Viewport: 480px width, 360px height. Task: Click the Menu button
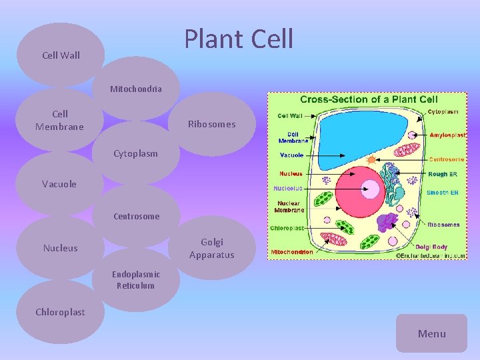coord(431,333)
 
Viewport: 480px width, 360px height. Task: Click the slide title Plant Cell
coord(239,39)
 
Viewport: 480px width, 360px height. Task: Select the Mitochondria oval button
coord(136,89)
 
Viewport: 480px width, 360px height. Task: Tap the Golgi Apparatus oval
coord(211,248)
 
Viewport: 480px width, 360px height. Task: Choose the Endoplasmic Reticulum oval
coord(136,280)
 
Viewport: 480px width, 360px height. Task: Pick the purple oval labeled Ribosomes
coord(211,124)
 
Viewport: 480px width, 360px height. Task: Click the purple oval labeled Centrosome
coord(136,216)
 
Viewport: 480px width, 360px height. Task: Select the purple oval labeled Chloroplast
coord(60,312)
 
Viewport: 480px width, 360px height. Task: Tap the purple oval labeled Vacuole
coord(59,184)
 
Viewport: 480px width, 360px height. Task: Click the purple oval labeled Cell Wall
coord(61,55)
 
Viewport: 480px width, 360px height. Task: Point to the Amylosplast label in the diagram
coord(447,135)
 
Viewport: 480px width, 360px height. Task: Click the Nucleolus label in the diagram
coord(287,188)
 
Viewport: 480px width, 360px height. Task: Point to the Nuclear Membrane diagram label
coord(289,207)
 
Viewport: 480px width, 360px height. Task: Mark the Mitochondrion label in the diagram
coord(291,253)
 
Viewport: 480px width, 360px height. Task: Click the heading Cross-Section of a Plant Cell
coord(368,99)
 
